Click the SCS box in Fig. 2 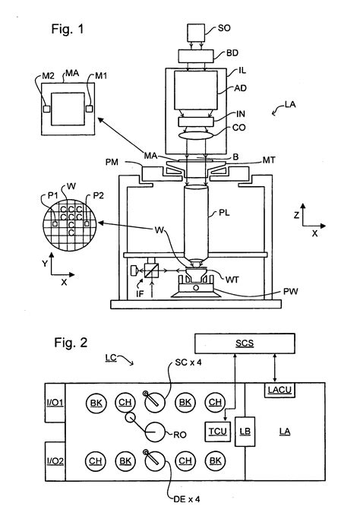pos(245,343)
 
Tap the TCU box pos(218,432)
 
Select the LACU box pos(279,390)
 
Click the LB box pos(245,432)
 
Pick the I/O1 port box pos(55,403)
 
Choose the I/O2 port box pos(55,461)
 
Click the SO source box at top pos(196,33)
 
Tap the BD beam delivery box pos(196,56)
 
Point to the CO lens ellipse pos(195,136)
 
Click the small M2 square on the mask pos(46,109)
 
